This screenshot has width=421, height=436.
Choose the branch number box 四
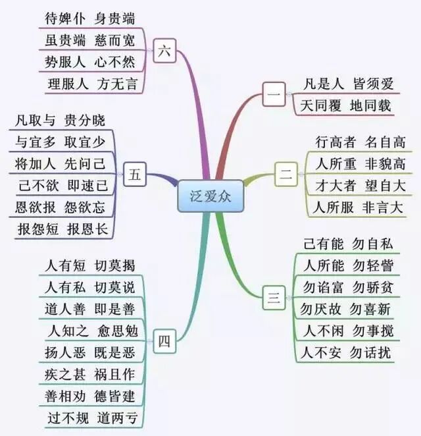[x=164, y=341]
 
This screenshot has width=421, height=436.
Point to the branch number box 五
[x=134, y=175]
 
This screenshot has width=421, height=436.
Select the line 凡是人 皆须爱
[x=349, y=84]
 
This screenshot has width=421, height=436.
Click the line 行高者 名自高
[x=360, y=142]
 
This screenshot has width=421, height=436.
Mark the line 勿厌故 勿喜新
[x=346, y=309]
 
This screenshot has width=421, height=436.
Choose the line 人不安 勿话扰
[x=347, y=352]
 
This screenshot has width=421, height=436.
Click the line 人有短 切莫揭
[x=89, y=266]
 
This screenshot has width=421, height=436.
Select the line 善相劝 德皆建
[x=89, y=396]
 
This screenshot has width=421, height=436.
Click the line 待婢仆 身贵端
[x=91, y=18]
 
